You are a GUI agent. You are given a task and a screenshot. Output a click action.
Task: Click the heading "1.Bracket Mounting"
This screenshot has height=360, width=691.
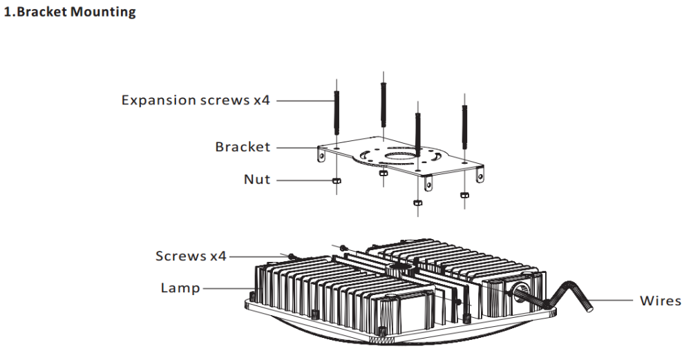(70, 12)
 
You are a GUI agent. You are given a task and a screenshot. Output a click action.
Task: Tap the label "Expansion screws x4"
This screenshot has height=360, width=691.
(196, 100)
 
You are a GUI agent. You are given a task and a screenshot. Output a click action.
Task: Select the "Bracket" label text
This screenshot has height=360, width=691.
(243, 146)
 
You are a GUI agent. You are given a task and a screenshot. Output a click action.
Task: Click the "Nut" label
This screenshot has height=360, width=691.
(257, 180)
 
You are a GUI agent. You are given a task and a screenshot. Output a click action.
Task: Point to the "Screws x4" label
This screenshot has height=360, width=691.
(191, 256)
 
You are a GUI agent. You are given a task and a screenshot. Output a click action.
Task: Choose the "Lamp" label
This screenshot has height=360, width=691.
(180, 288)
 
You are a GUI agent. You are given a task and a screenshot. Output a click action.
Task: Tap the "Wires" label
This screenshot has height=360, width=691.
(660, 301)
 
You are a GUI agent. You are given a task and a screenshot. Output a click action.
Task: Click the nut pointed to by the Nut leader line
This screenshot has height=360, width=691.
(337, 180)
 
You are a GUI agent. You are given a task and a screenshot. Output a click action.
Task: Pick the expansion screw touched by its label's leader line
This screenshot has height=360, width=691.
(337, 113)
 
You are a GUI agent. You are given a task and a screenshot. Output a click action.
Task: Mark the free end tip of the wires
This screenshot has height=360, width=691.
(589, 308)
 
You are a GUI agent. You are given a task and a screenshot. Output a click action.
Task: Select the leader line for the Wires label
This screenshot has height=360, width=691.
(612, 301)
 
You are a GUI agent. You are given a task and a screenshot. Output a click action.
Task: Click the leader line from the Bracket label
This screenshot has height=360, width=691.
(297, 147)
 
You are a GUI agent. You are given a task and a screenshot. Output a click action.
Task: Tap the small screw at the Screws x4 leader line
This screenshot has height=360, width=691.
(291, 256)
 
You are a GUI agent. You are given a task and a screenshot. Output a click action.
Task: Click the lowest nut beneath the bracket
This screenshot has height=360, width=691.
(417, 202)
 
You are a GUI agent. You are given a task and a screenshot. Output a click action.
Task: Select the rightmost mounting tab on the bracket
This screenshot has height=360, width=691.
(480, 175)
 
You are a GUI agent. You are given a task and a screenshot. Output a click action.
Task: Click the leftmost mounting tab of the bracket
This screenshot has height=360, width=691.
(322, 155)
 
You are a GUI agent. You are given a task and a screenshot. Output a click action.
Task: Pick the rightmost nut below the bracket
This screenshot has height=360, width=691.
(464, 195)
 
